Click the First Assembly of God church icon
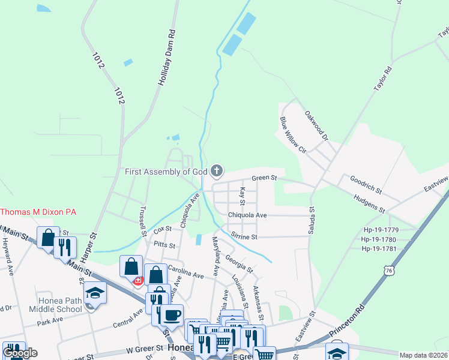pyautogui.click(x=217, y=172)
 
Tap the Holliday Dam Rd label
pyautogui.click(x=169, y=59)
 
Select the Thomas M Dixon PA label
pyautogui.click(x=38, y=212)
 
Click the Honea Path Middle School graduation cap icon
pyautogui.click(x=94, y=292)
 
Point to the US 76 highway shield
pyautogui.click(x=388, y=271)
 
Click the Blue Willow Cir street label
pyautogui.click(x=292, y=135)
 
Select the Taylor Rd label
pyautogui.click(x=382, y=77)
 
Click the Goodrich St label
pyautogui.click(x=366, y=184)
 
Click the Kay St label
pyautogui.click(x=243, y=195)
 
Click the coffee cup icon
pyautogui.click(x=171, y=314)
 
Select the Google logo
pyautogui.click(x=20, y=353)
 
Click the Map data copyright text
pyautogui.click(x=423, y=355)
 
